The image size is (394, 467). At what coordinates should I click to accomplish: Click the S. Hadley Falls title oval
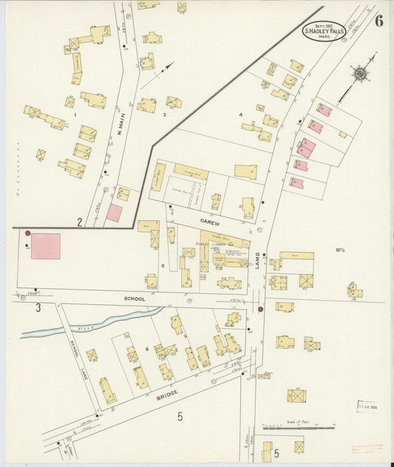tap(324, 30)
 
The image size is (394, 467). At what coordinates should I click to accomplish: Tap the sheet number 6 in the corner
tap(378, 21)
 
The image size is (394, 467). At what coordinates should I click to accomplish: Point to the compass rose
tap(360, 73)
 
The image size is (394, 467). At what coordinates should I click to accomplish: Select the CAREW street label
tap(210, 220)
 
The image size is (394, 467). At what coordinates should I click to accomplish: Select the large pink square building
tap(46, 246)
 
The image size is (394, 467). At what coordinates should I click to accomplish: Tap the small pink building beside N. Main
tap(114, 213)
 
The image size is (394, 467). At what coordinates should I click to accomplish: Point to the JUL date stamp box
tap(367, 406)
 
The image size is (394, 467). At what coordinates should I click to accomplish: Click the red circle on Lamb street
tap(260, 308)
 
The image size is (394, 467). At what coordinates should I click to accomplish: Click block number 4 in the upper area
tap(241, 115)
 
